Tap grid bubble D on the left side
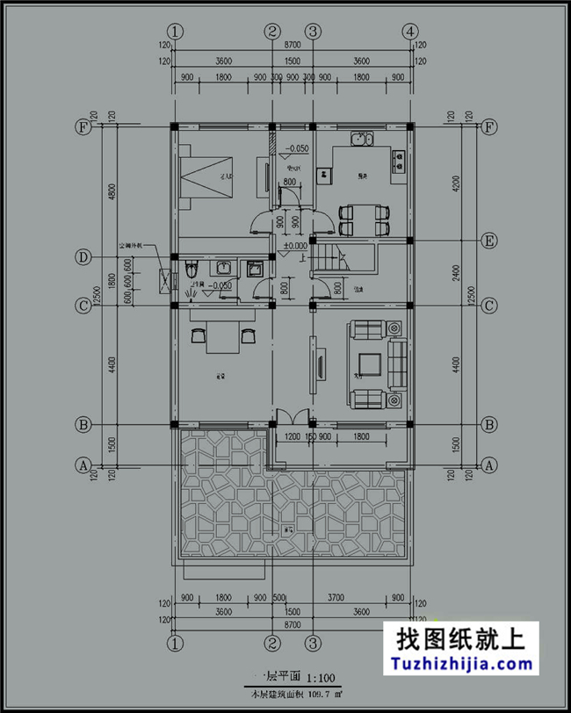83,257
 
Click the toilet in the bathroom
192,270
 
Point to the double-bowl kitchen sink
362,140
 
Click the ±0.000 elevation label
294,246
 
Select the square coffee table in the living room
369,364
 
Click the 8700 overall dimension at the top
293,43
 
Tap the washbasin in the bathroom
225,268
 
